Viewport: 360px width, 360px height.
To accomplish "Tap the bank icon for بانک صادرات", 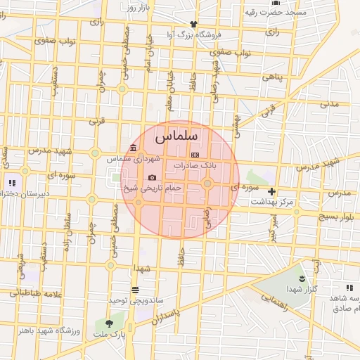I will point(195,155).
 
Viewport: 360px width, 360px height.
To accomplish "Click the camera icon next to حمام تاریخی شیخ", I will point(153,177).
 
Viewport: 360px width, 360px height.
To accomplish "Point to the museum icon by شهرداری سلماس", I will point(134,148).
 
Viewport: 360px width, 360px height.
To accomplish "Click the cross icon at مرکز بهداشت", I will point(271,191).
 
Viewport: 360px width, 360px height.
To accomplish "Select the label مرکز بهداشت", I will point(276,202).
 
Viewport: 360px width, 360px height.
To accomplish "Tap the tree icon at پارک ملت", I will point(109,323).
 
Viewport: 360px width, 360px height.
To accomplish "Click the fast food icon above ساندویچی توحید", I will point(135,289).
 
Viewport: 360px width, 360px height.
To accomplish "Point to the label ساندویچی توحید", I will point(136,300).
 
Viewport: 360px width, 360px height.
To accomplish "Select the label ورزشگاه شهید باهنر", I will point(44,330).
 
